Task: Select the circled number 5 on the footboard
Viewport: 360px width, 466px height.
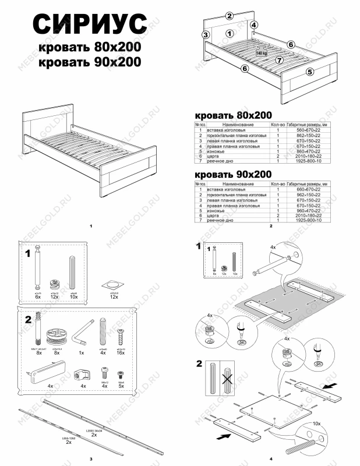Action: [x=309, y=72]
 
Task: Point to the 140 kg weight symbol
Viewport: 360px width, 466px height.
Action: [x=261, y=53]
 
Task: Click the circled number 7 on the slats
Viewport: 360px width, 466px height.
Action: [x=279, y=60]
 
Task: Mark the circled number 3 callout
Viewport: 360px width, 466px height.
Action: [x=205, y=35]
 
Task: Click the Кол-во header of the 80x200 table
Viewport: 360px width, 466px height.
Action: [x=278, y=125]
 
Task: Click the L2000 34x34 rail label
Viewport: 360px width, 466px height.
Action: [x=94, y=430]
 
